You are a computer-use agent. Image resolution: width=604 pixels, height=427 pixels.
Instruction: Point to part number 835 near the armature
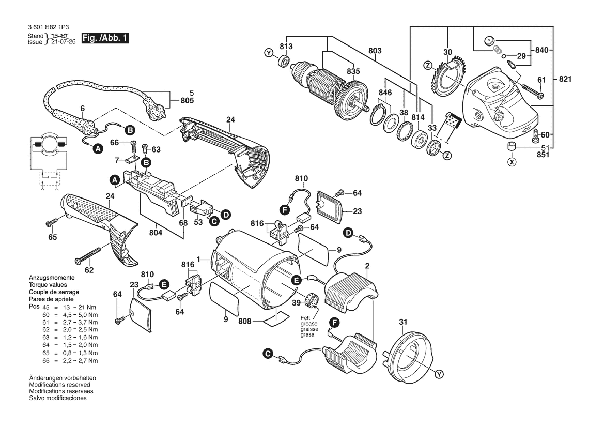[x=353, y=72]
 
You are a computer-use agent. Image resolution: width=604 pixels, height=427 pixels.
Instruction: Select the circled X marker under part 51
[x=512, y=162]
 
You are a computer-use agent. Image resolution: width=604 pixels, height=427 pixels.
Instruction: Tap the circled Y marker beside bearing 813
[x=268, y=53]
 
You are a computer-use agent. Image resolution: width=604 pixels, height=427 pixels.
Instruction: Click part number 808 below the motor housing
[x=244, y=321]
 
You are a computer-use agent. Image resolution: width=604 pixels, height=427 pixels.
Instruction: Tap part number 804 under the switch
[x=156, y=233]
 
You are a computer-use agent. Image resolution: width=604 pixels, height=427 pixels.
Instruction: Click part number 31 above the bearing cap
[x=404, y=324]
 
